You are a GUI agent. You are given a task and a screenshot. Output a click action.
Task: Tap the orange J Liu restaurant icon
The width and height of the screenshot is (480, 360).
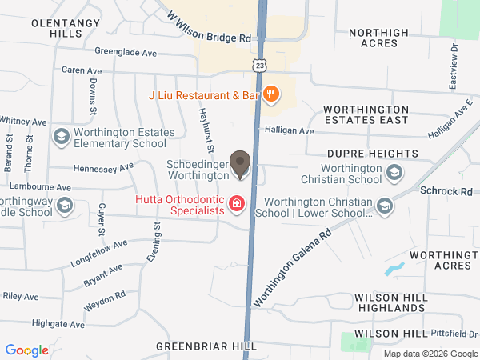(271, 95)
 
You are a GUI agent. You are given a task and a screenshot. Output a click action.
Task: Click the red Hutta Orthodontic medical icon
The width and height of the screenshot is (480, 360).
(236, 205)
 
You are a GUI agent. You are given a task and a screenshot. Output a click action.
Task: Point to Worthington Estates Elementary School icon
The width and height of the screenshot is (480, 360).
(61, 137)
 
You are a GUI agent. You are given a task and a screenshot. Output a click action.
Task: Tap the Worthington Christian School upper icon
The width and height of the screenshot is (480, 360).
(394, 172)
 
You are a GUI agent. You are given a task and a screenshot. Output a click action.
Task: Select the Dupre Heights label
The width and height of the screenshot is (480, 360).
(372, 153)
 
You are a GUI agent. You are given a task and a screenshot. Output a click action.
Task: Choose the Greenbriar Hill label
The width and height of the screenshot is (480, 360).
(206, 346)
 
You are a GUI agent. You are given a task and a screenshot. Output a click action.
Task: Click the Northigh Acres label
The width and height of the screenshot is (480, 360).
(378, 38)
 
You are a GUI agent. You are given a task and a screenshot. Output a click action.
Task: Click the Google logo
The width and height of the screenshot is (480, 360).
(27, 350)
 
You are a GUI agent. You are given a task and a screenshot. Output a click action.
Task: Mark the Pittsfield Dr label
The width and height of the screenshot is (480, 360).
(458, 334)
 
